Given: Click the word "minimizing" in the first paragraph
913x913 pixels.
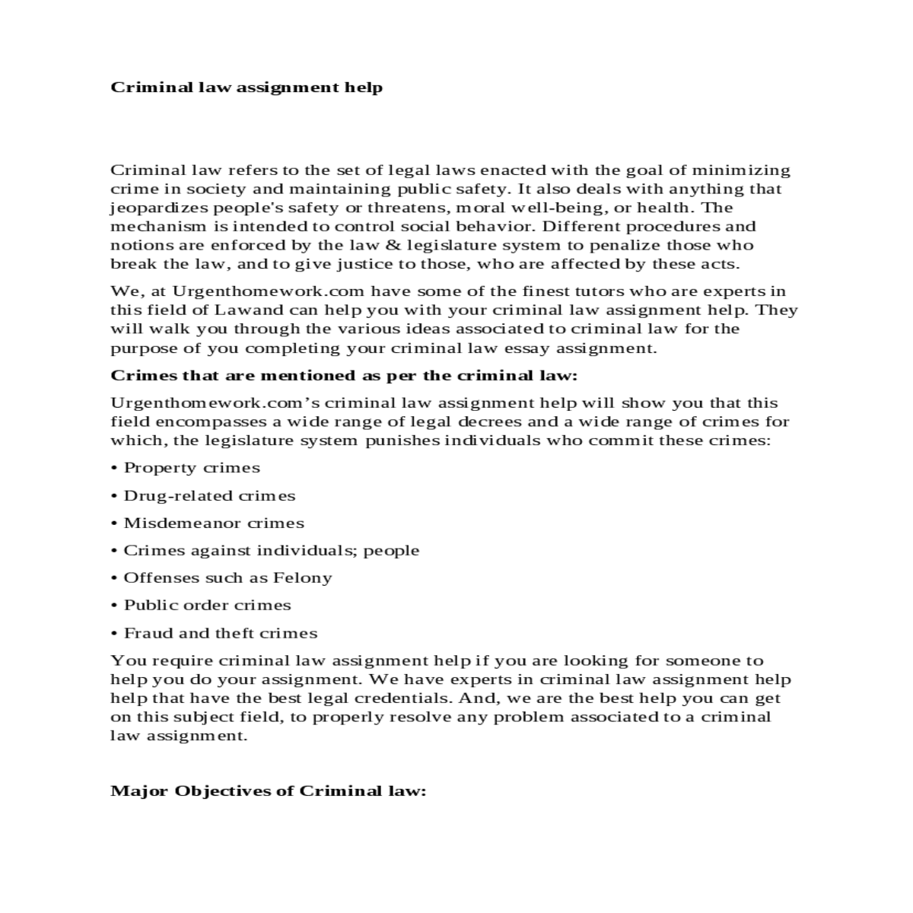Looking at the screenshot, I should point(742,170).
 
